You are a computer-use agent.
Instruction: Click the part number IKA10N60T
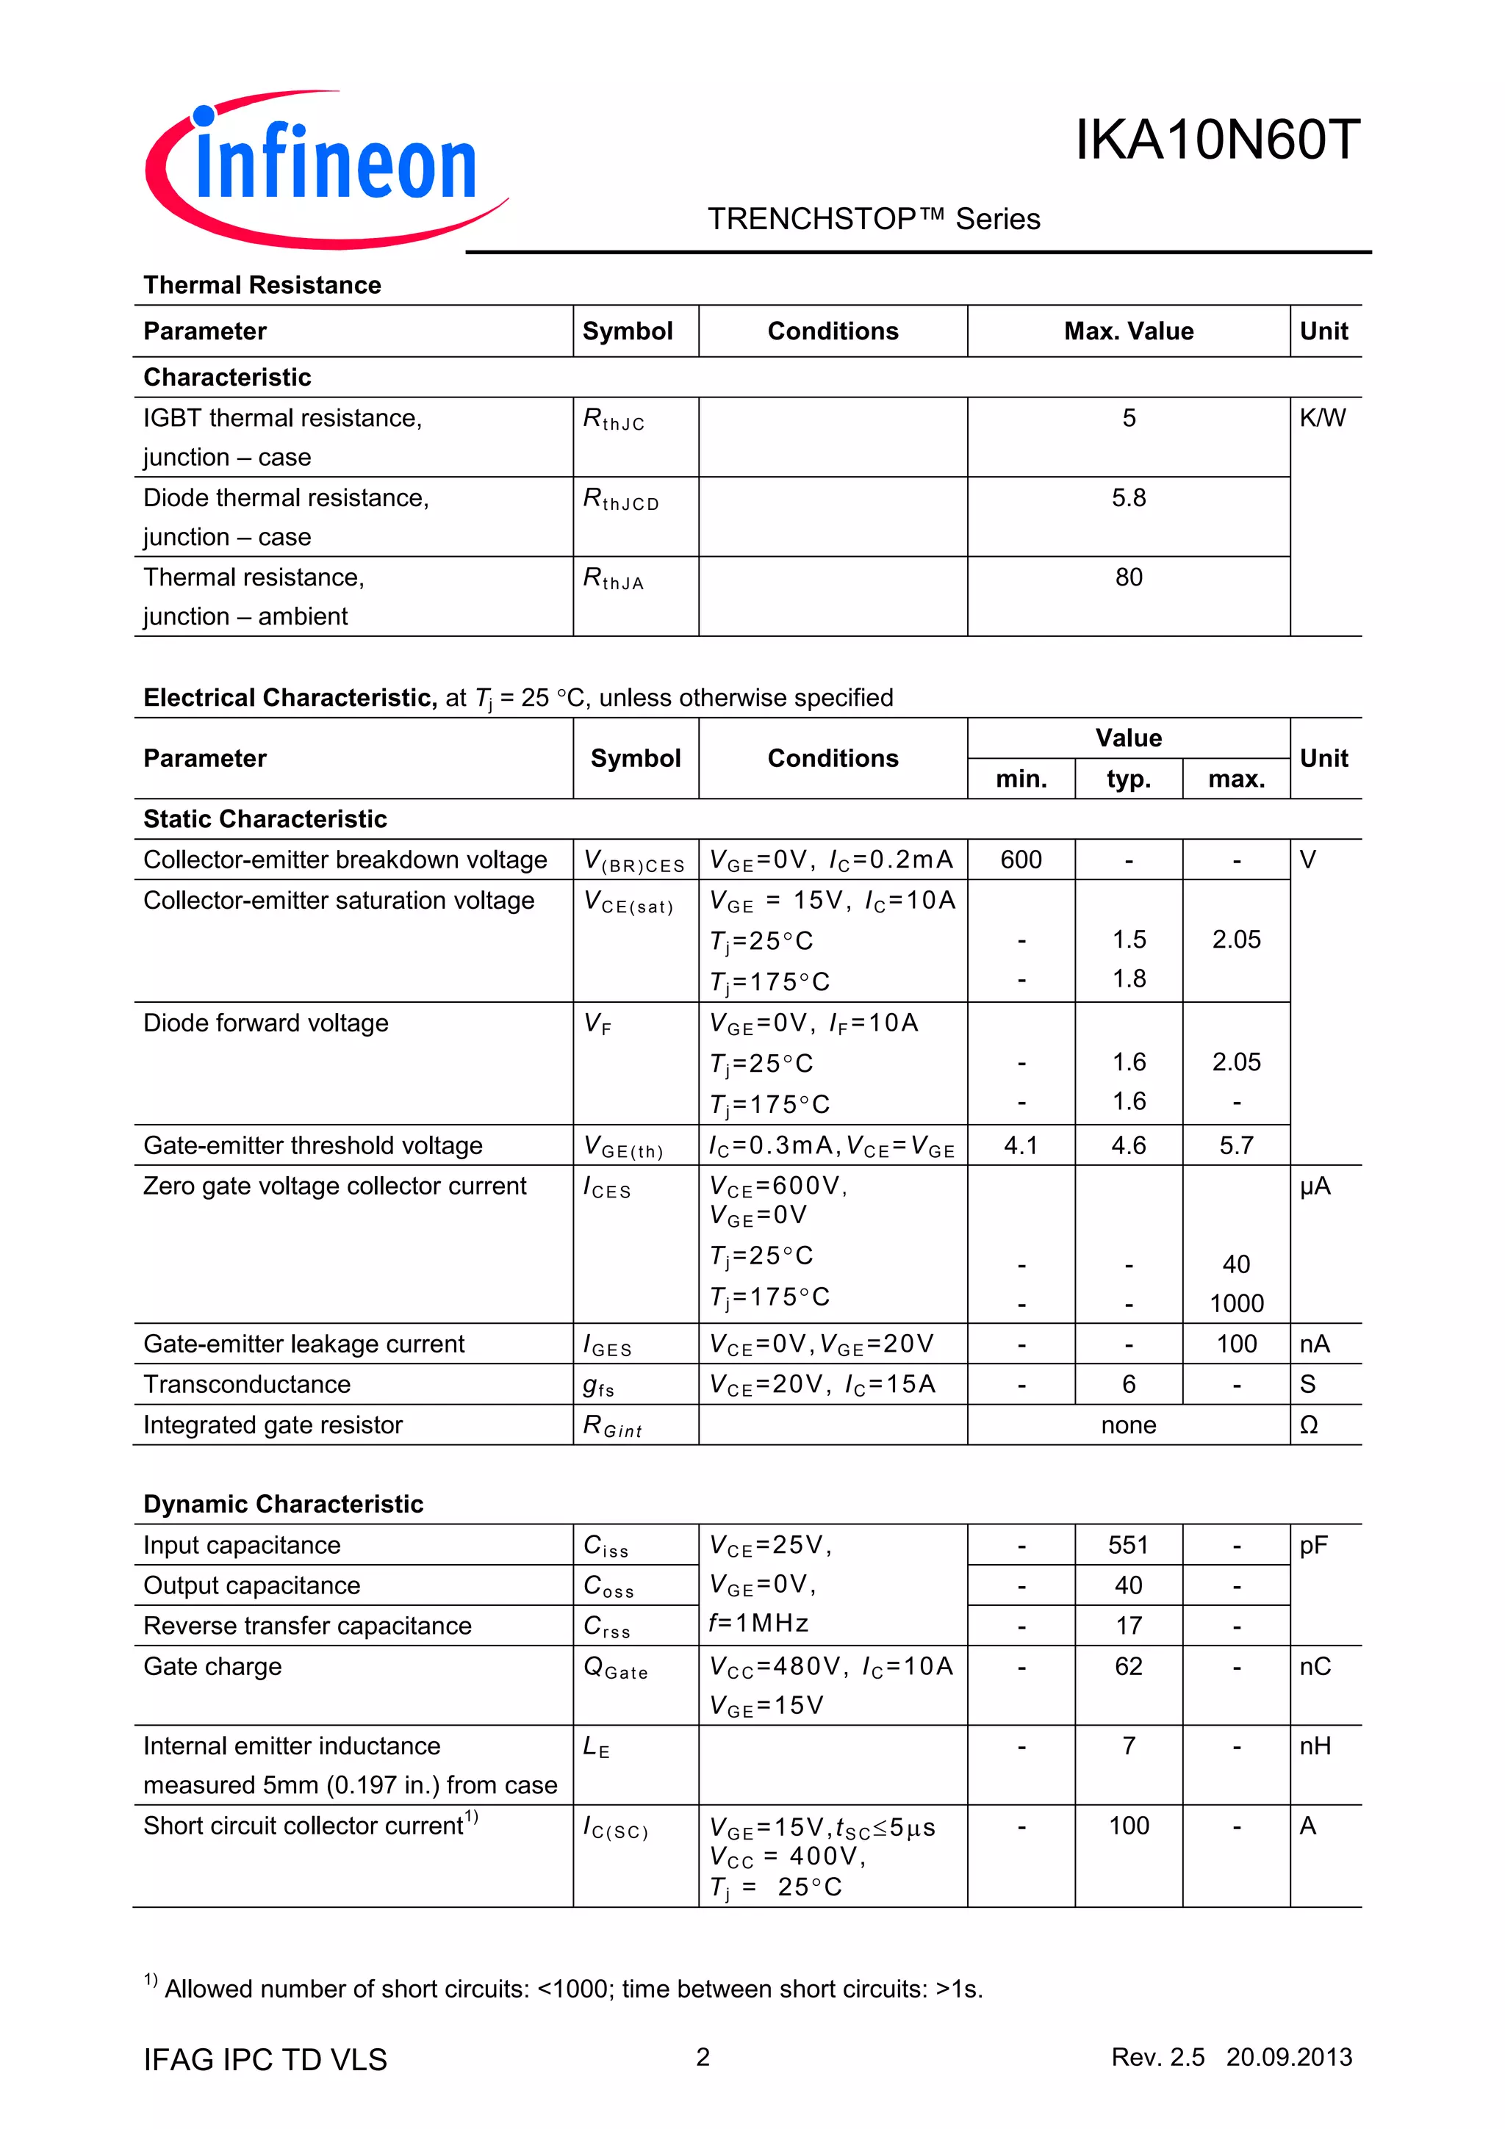(x=1217, y=141)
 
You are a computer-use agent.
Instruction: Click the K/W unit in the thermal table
(x=1321, y=418)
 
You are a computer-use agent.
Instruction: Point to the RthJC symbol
(x=613, y=420)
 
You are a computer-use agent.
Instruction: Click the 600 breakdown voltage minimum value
(x=1020, y=860)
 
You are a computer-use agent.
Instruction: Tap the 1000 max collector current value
(x=1235, y=1304)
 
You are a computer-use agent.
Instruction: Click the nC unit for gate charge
(x=1314, y=1666)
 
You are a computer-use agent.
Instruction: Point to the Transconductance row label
(x=247, y=1384)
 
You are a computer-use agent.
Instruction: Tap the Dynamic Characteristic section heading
(x=283, y=1504)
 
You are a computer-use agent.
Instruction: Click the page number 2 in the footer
(x=703, y=2057)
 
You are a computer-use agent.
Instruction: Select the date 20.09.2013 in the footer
(x=1288, y=2057)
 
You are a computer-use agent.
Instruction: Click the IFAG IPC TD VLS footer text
(x=265, y=2059)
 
